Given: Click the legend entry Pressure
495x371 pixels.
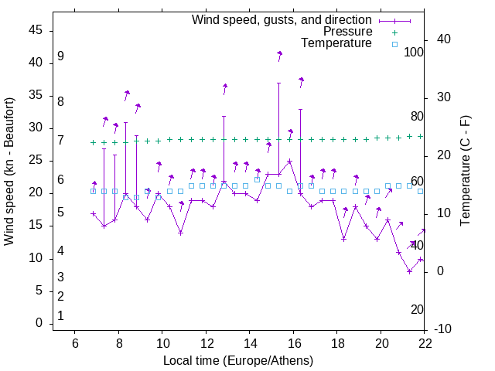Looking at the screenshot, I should (x=347, y=32).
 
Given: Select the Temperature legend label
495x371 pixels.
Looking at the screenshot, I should (x=336, y=43).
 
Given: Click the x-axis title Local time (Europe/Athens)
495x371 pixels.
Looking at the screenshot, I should (x=238, y=360).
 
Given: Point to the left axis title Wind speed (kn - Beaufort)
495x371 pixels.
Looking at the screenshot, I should (x=9, y=171).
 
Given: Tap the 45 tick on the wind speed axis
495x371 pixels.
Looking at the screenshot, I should (x=36, y=30).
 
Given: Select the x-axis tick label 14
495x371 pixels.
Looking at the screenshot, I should (x=249, y=342).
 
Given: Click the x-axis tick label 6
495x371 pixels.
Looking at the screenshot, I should (x=75, y=342).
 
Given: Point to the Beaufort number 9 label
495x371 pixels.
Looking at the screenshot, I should (x=60, y=56).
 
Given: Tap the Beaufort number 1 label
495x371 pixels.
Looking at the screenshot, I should (x=60, y=315).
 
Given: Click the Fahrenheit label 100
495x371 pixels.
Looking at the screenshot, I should (x=414, y=52).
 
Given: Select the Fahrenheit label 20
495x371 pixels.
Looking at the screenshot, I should (x=417, y=309).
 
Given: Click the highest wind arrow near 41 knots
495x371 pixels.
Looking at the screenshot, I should (x=279, y=54).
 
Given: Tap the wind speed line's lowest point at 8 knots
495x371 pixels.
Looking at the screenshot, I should (x=409, y=271).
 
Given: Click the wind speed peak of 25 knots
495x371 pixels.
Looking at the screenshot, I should (x=289, y=162).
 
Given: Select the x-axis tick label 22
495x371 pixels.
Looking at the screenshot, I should (x=424, y=342).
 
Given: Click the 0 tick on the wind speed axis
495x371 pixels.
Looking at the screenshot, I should (x=39, y=323).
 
